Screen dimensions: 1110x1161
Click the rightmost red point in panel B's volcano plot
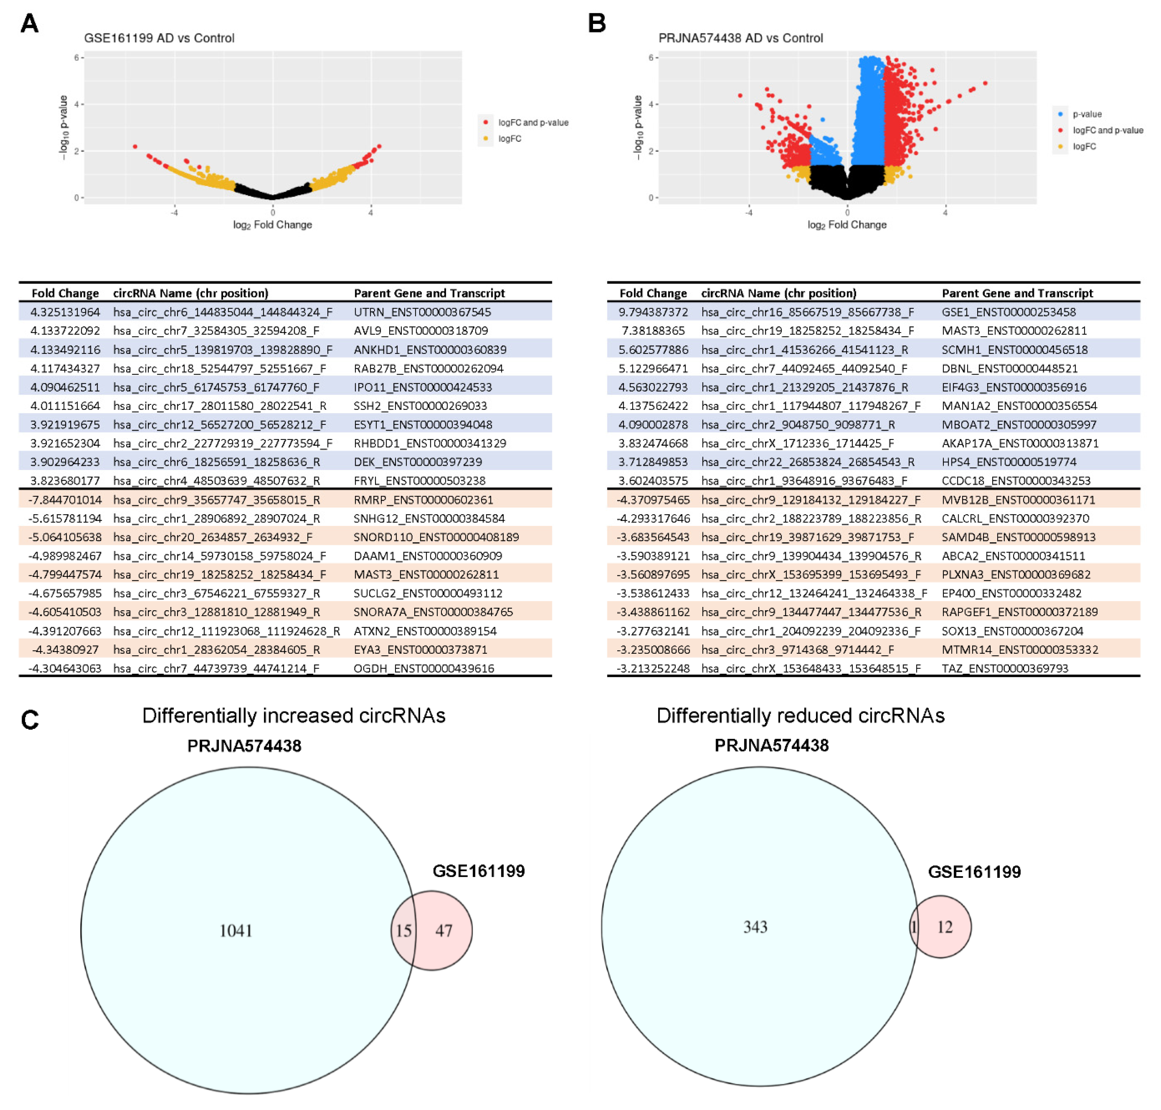click(x=985, y=83)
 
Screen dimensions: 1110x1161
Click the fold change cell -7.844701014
click(x=65, y=499)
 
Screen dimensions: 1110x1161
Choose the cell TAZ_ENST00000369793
click(x=1004, y=668)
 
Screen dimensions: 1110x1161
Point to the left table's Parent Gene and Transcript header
click(x=429, y=293)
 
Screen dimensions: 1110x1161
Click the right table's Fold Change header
click(x=653, y=293)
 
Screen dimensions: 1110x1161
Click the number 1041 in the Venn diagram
click(x=236, y=931)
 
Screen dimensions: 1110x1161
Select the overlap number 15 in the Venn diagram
click(x=404, y=931)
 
